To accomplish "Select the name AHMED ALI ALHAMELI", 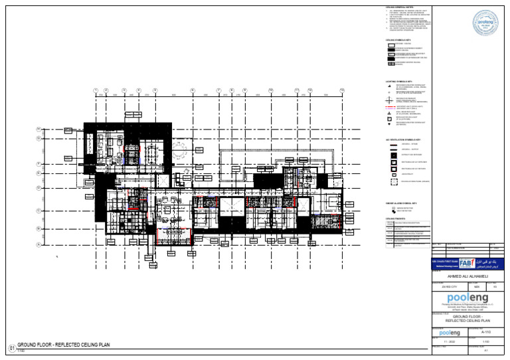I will coord(468,276).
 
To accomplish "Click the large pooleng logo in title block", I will coord(468,298).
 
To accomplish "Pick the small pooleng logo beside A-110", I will coord(450,331).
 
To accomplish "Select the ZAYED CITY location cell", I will coord(450,286).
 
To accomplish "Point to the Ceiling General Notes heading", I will coord(398,8).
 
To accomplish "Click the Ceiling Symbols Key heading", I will coord(399,41).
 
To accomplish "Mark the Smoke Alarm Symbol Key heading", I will coord(400,203).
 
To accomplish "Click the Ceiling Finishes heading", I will coord(395,217).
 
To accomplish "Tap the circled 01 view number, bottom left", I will coord(11,347).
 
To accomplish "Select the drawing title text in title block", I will coord(468,318).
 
